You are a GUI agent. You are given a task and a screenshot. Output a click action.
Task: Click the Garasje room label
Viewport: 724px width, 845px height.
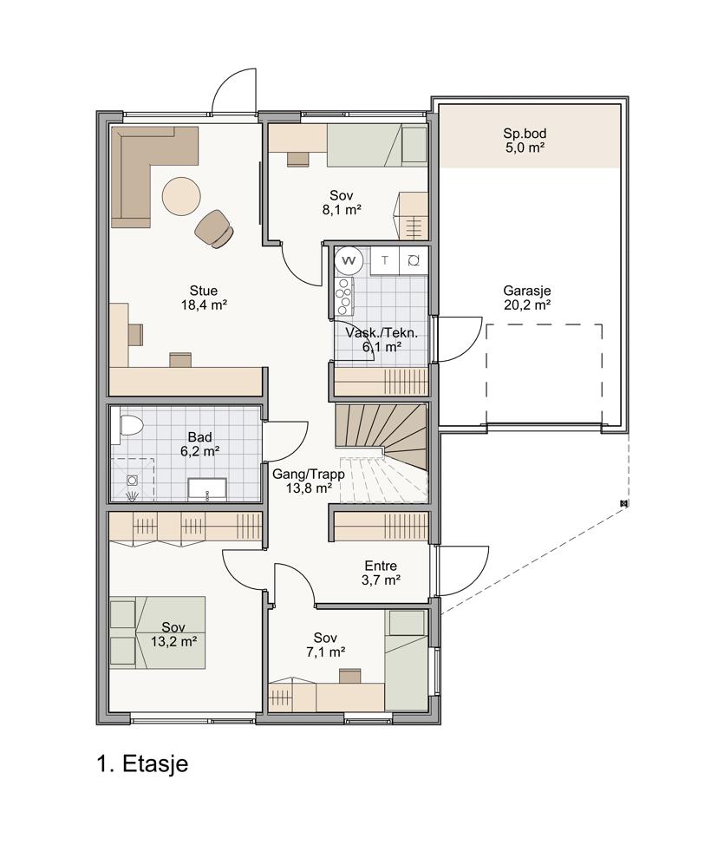click(527, 291)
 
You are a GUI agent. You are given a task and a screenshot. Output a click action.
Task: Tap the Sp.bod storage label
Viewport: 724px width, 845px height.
click(525, 133)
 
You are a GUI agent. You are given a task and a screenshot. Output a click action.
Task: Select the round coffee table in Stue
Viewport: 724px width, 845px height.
click(182, 196)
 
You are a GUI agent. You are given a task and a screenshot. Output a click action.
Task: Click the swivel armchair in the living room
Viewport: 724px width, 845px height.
click(215, 228)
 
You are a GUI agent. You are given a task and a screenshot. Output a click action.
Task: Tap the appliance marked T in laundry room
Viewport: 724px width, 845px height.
click(385, 261)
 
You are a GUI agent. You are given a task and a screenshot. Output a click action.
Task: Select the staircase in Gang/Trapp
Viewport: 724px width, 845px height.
click(381, 453)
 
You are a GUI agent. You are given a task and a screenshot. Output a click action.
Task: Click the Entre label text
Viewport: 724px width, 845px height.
click(381, 566)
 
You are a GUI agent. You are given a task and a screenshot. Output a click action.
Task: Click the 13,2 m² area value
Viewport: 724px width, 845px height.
click(173, 642)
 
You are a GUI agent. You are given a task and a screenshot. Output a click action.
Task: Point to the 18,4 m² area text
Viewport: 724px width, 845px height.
click(204, 305)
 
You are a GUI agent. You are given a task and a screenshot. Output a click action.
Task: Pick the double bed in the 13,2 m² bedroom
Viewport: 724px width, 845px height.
click(158, 632)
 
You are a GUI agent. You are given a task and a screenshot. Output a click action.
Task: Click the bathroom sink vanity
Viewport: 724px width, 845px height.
click(207, 488)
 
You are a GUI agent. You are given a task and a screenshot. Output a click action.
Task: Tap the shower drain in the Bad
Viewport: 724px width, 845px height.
click(132, 480)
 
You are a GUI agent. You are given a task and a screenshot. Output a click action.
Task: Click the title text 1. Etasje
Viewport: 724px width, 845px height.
click(143, 763)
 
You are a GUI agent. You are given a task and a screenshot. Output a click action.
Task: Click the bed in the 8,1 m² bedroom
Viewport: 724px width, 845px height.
click(377, 145)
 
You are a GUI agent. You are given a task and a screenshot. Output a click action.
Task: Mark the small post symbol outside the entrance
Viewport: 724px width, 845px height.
click(623, 504)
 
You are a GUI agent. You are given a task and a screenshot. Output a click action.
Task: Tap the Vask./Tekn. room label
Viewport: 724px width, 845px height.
click(382, 332)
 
